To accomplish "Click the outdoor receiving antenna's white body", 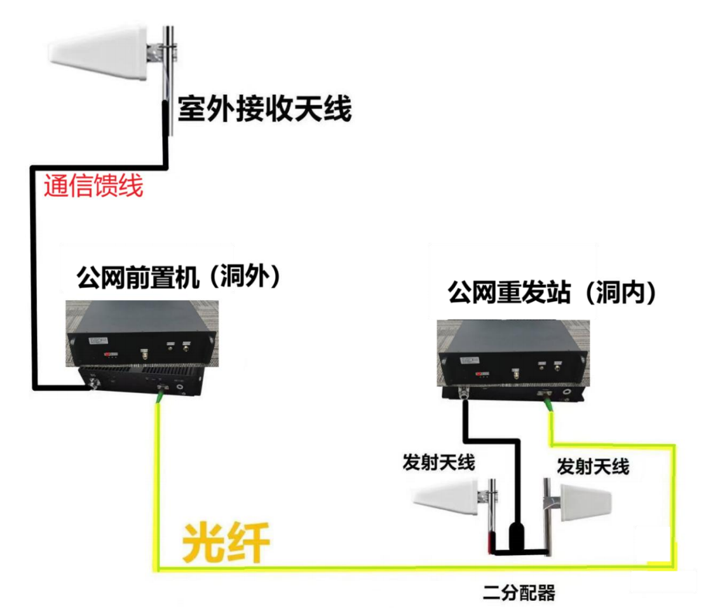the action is coord(98,53).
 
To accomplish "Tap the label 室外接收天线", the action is coord(265,109).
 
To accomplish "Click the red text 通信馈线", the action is coord(93,186).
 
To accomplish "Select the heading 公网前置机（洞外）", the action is coord(179,277).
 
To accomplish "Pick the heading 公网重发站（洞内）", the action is coord(552,292).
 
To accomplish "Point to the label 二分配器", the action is coord(519,592).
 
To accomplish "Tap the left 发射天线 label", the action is coord(438,462).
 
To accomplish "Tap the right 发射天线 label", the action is coord(593,466).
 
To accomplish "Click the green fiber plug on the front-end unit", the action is coord(161,394).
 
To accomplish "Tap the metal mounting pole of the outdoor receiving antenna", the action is coord(170,80).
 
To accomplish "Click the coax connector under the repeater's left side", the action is coord(464,394).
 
